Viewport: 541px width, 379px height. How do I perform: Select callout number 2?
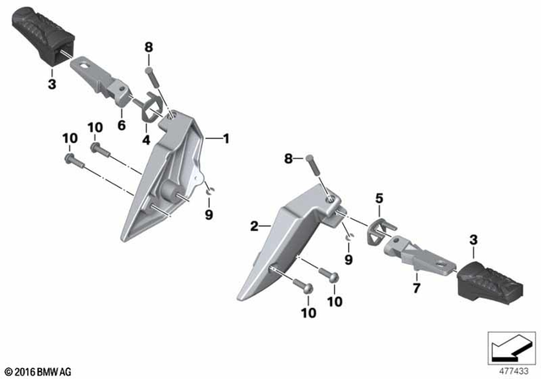pos(253,226)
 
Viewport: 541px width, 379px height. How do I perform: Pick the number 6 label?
pos(121,125)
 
